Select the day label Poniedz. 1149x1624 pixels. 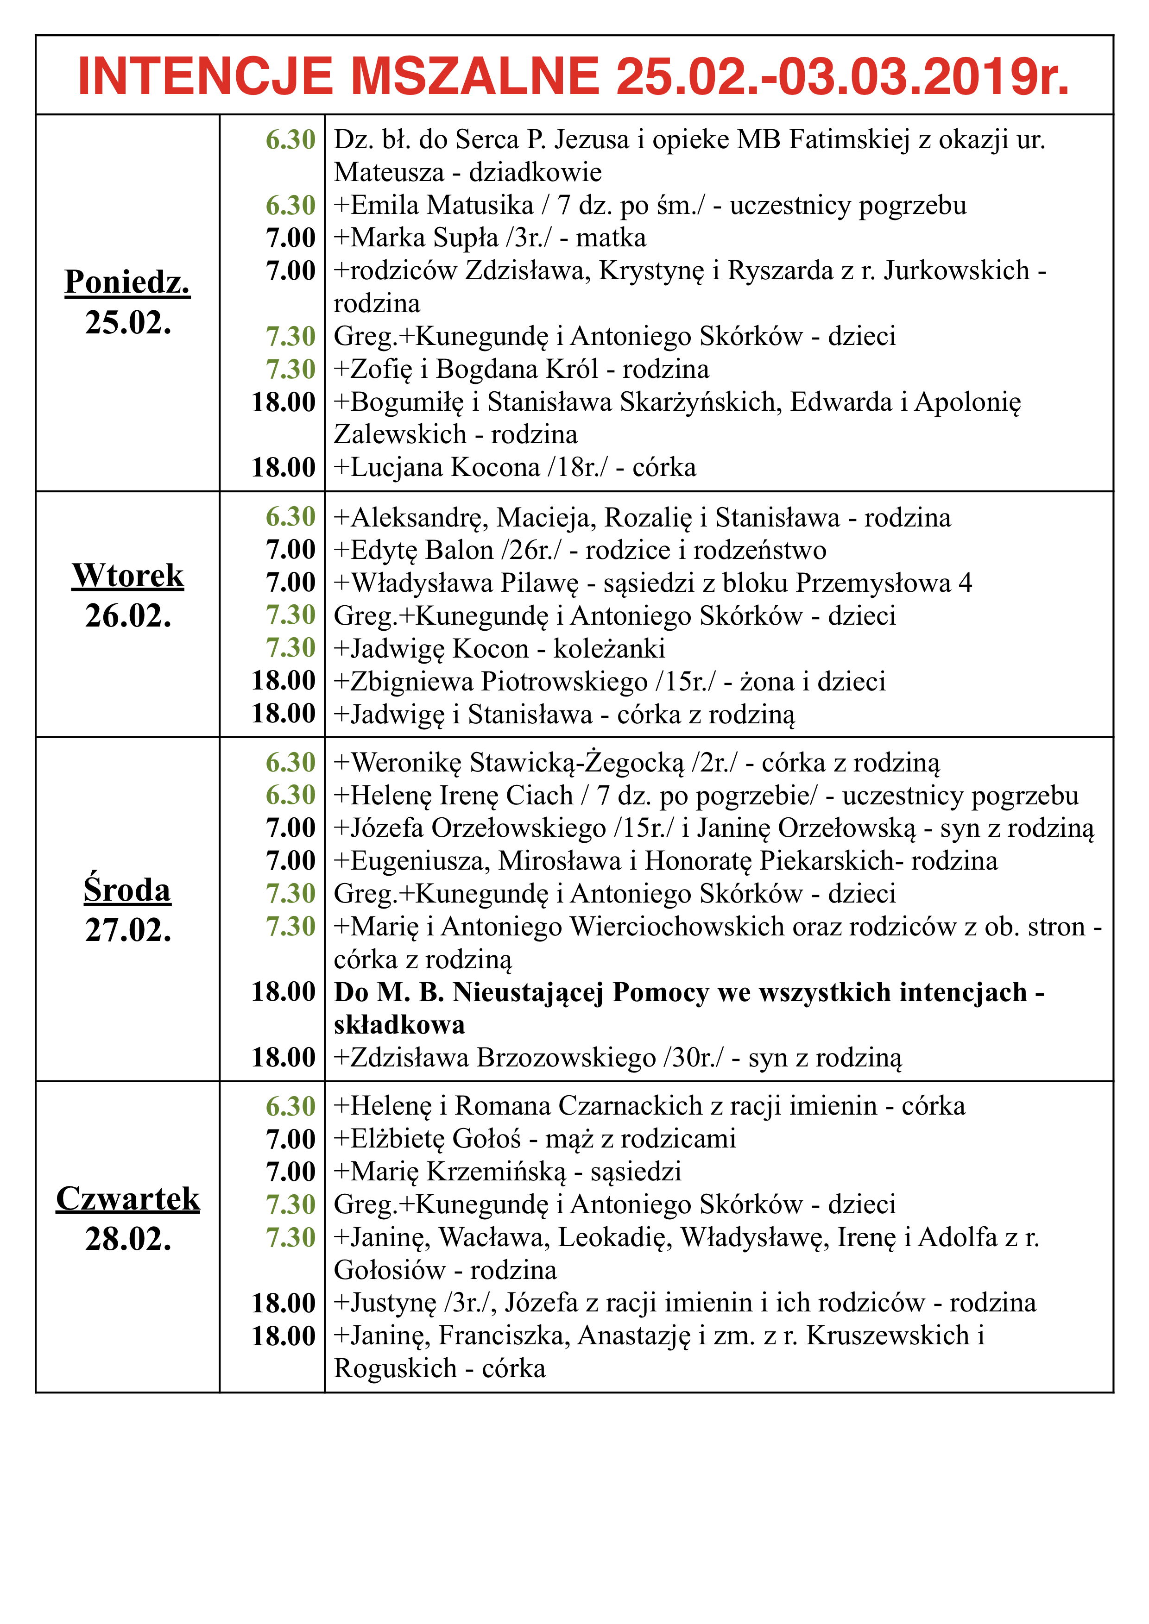pos(127,282)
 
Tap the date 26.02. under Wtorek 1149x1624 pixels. pos(128,616)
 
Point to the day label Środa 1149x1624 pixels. pos(127,890)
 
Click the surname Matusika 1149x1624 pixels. pos(480,205)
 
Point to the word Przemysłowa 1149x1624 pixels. pos(873,583)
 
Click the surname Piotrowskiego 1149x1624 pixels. pos(564,681)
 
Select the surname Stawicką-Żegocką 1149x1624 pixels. pos(577,763)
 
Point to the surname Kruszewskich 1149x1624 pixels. pos(887,1336)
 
